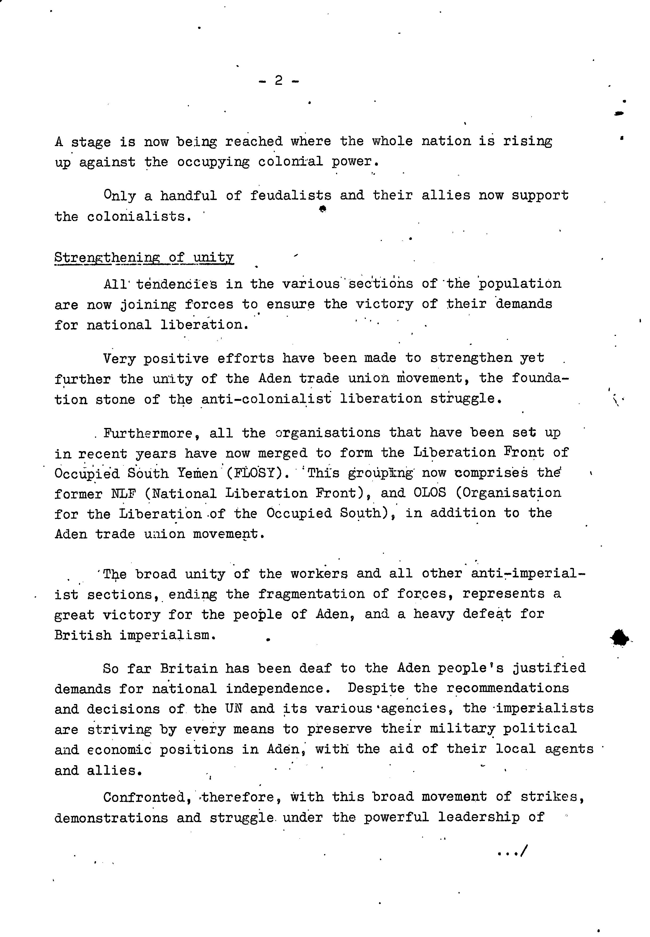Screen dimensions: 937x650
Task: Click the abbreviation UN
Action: (x=233, y=709)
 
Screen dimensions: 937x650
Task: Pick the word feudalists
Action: (x=290, y=196)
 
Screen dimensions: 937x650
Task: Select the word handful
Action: (x=188, y=196)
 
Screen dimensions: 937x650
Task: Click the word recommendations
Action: (x=507, y=688)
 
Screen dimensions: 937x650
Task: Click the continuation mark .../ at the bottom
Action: (x=512, y=851)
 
